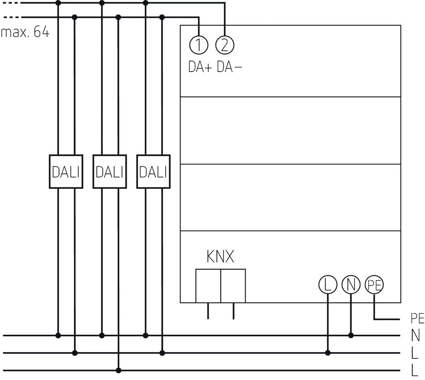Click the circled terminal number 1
[199, 45]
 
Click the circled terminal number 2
[225, 45]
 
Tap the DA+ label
[200, 68]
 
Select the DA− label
[229, 68]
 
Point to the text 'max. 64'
[25, 32]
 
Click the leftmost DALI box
[66, 172]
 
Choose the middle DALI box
[109, 172]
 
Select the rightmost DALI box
[153, 172]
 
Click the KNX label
[220, 257]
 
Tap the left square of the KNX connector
[208, 286]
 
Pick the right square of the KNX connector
[233, 286]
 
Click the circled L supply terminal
[327, 285]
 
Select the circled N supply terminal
[351, 285]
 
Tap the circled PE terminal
[374, 285]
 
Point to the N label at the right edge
[415, 336]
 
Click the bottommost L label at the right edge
[414, 370]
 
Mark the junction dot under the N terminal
[351, 336]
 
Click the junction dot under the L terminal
[327, 353]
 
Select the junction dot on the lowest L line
[118, 370]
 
